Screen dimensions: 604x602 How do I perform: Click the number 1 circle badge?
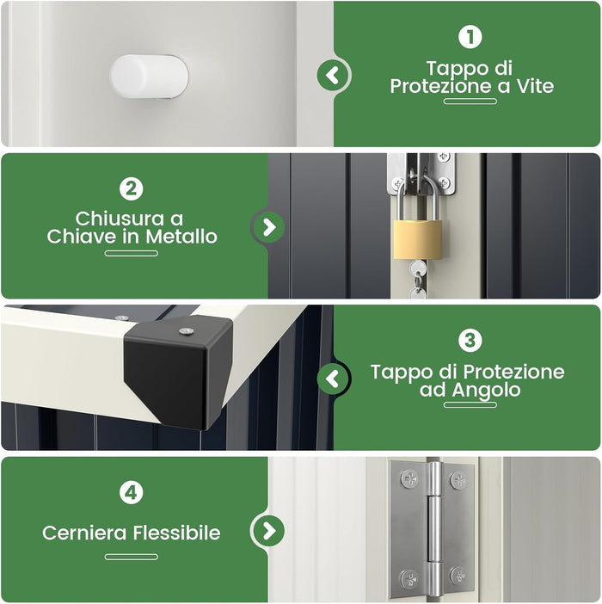tap(470, 37)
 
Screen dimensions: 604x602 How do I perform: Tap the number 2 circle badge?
tap(131, 188)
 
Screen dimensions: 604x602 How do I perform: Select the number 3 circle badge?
tap(470, 341)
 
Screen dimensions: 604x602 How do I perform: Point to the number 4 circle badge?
tap(131, 492)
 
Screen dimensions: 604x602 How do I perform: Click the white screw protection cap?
tap(149, 76)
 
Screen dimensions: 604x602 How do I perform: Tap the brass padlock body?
tap(419, 241)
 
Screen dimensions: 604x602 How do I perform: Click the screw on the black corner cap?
tap(185, 330)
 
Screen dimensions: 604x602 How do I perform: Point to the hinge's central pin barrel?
tap(434, 529)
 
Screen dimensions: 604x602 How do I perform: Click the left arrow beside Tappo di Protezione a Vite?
tap(334, 76)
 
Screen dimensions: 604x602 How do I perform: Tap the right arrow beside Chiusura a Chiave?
tap(269, 227)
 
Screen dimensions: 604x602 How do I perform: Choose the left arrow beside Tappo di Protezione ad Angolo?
tap(334, 379)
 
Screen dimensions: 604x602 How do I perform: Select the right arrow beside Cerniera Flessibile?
tap(269, 530)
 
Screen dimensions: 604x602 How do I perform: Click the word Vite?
tap(532, 86)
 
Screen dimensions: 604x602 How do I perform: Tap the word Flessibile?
tap(176, 533)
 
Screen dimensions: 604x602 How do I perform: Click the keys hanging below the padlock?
tap(417, 280)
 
